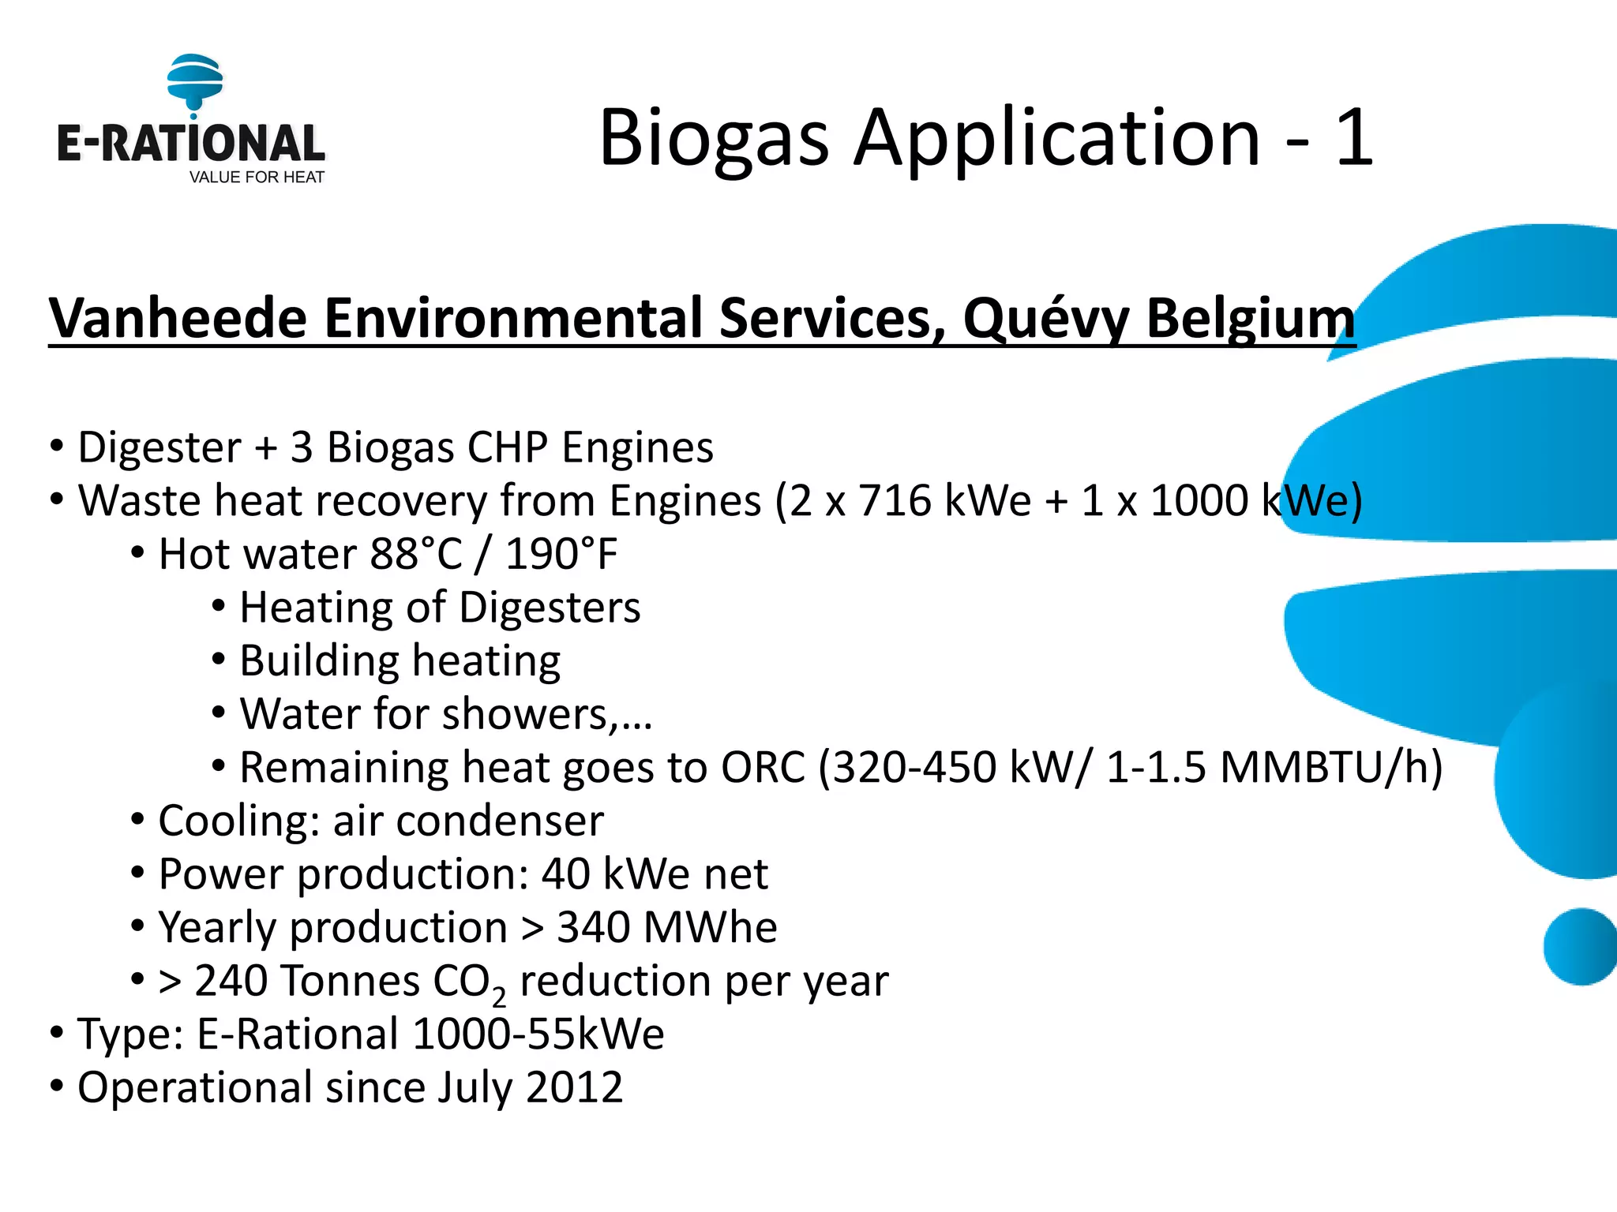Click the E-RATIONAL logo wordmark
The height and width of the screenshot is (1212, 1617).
click(190, 144)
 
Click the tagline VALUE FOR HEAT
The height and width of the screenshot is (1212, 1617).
click(257, 178)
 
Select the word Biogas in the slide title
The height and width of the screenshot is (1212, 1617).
click(714, 140)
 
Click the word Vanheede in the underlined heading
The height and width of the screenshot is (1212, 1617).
click(178, 318)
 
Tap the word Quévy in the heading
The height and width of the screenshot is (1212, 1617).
click(1046, 318)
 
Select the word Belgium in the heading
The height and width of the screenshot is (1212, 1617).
click(1250, 318)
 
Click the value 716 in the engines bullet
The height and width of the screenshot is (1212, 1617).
click(895, 501)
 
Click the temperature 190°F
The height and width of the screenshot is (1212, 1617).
click(561, 554)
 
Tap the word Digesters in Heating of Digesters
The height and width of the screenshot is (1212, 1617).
click(550, 608)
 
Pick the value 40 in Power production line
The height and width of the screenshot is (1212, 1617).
click(565, 874)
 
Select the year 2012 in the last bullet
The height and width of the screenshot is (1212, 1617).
click(574, 1087)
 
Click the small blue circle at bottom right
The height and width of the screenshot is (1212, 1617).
click(1579, 946)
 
